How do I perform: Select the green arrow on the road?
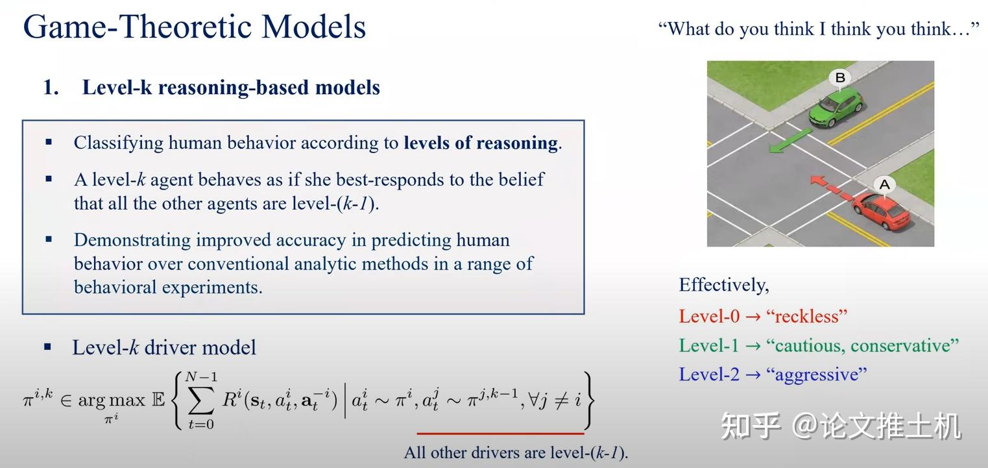(x=790, y=141)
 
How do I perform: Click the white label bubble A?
(x=884, y=185)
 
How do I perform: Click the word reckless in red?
(x=806, y=316)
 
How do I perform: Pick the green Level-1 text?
(x=708, y=345)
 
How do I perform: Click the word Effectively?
(x=723, y=285)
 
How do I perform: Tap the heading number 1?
(x=51, y=88)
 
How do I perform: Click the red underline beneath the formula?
(x=500, y=433)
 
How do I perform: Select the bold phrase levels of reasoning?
(x=480, y=143)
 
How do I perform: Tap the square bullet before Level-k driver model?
(x=47, y=347)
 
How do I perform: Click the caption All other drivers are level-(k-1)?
(x=516, y=452)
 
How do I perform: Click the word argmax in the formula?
(x=112, y=400)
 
